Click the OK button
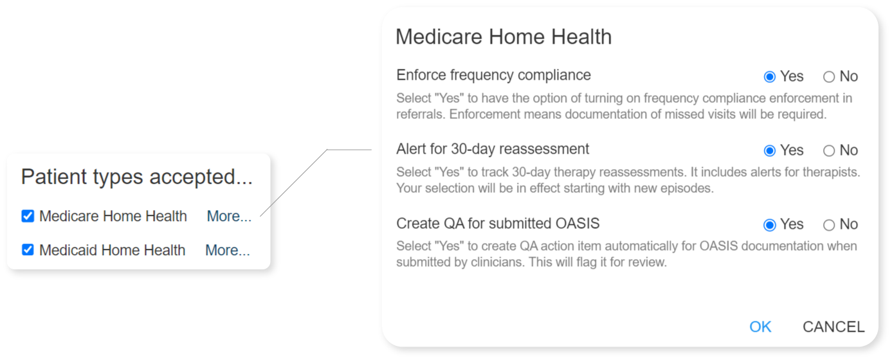coord(760,327)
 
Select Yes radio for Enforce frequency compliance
coord(769,76)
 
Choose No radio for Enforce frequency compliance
coord(829,76)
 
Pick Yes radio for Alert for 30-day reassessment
coord(769,150)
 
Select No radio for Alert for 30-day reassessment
coord(829,150)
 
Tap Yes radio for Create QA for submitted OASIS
coord(769,225)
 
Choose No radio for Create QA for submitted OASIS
coord(829,225)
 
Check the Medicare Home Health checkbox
coord(28,216)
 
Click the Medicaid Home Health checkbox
coord(28,249)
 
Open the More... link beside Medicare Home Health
coord(229,216)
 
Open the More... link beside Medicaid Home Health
coord(228,250)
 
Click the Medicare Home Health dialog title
coord(504,37)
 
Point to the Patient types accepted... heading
coord(137,176)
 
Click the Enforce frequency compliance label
coord(493,75)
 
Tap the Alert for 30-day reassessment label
coord(493,149)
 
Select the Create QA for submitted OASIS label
coord(498,224)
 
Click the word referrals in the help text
coord(421,114)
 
